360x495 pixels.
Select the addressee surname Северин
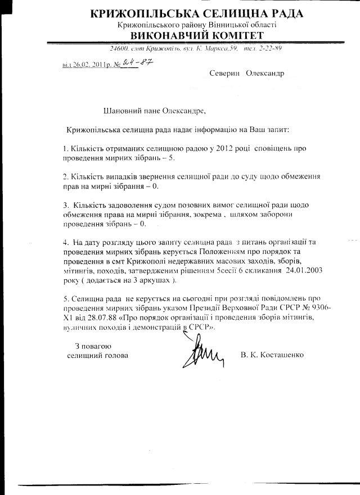click(224, 74)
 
